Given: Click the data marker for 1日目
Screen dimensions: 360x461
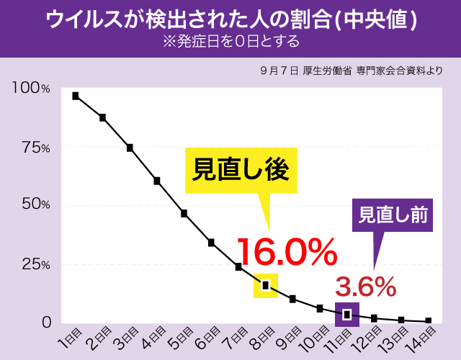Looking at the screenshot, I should [x=76, y=96].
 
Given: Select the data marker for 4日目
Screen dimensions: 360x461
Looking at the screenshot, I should [x=157, y=181].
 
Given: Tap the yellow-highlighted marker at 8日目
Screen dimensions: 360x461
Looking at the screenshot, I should [x=266, y=285].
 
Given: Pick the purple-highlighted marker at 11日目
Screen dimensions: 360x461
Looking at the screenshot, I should [x=347, y=314].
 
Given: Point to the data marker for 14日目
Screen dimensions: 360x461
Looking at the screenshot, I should [x=429, y=320].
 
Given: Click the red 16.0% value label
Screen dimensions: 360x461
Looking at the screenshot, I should [x=286, y=251].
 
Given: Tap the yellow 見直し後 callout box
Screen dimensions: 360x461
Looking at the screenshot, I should [x=241, y=170].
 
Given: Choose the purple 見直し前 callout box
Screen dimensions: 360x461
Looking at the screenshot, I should [x=393, y=214].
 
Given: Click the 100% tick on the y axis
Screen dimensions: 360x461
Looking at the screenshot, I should [x=31, y=89].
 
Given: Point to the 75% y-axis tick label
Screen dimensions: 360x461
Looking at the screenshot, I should [x=35, y=148].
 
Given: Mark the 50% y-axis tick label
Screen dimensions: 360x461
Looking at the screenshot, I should [x=35, y=205].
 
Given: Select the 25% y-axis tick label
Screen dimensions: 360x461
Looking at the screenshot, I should [x=35, y=264].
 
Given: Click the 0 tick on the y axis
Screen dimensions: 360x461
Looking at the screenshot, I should [x=45, y=322].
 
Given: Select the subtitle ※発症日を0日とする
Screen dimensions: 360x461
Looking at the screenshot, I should [x=230, y=41].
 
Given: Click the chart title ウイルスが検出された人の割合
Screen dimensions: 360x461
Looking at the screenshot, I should [x=230, y=18].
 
